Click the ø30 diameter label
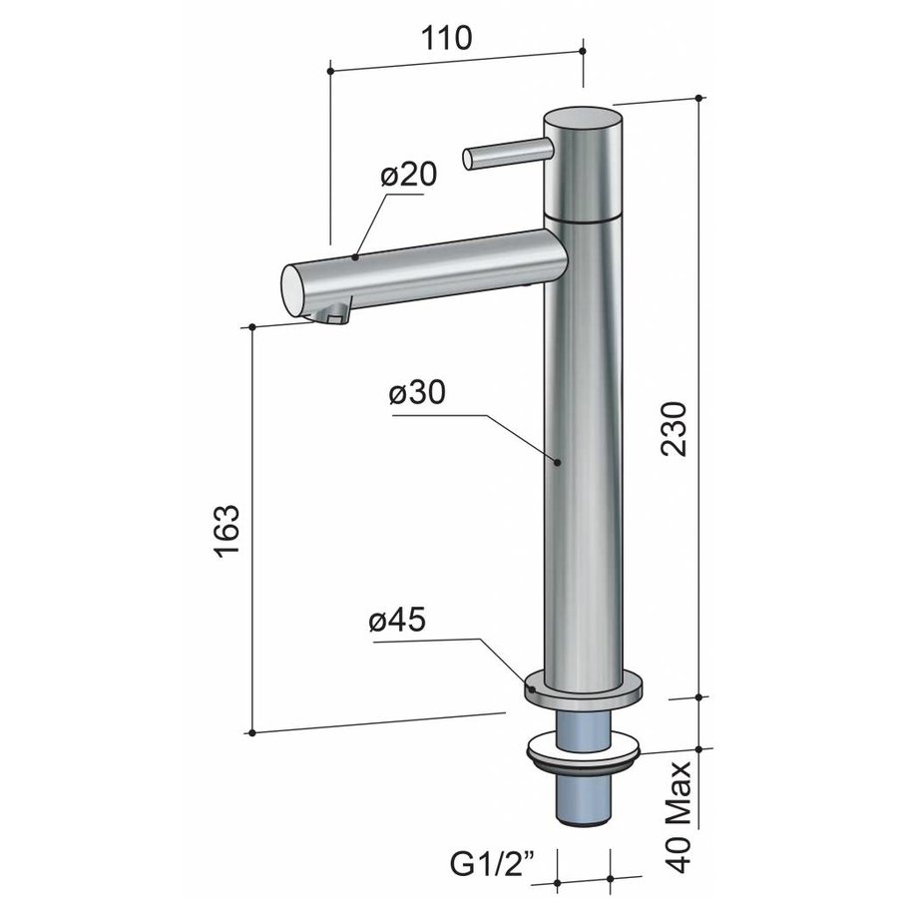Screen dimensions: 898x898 click(x=417, y=394)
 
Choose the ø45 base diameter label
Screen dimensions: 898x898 click(x=396, y=621)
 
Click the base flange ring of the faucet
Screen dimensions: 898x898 click(x=584, y=692)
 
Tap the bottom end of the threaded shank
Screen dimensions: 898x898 click(x=583, y=820)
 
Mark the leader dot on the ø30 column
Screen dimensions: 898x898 click(x=557, y=462)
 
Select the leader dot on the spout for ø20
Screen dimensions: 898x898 click(x=355, y=257)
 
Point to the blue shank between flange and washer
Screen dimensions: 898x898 click(x=583, y=721)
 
